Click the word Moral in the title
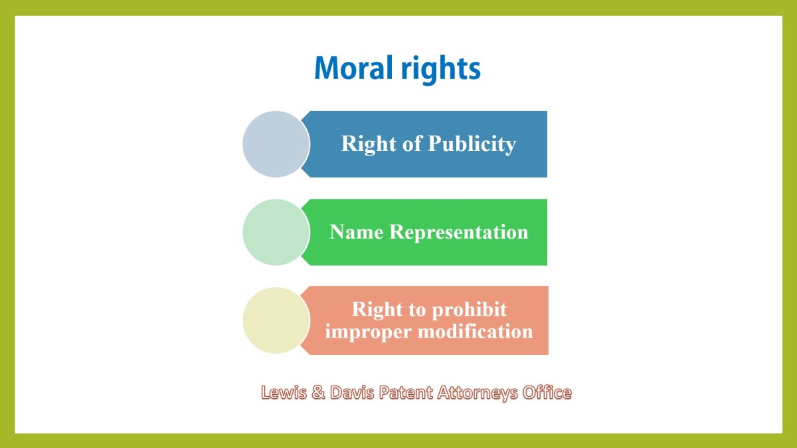tap(353, 68)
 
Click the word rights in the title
tap(441, 70)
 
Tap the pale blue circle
tap(276, 144)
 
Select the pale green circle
tap(276, 232)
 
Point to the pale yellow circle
tap(276, 320)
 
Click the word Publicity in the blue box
tap(472, 145)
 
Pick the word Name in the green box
tap(357, 232)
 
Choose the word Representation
tap(459, 233)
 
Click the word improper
tap(368, 332)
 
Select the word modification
tap(476, 331)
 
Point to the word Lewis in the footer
tap(284, 392)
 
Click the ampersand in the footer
tap(318, 392)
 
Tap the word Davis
tap(352, 392)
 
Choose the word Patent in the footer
tap(406, 392)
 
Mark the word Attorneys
tap(478, 393)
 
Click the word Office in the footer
tap(547, 392)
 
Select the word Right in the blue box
tap(369, 145)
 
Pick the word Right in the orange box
tap(377, 310)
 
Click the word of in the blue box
tap(412, 143)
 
